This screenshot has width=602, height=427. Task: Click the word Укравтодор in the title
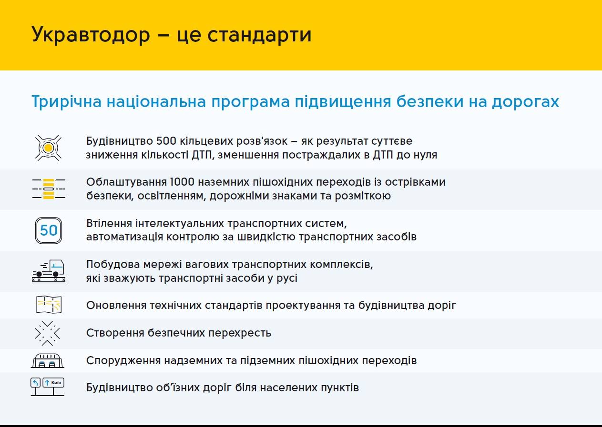(91, 35)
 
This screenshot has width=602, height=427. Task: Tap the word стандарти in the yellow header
(259, 35)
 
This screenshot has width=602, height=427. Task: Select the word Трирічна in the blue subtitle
(66, 102)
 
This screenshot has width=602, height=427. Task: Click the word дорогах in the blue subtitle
(525, 102)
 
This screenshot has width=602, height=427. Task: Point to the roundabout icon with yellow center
(48, 148)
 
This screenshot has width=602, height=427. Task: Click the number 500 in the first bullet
(166, 141)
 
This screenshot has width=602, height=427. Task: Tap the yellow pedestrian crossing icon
(49, 189)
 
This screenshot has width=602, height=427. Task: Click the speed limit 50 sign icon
(48, 230)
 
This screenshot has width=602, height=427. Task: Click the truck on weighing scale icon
(49, 270)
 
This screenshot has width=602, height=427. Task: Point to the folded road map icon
(49, 304)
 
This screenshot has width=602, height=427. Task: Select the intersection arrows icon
(47, 333)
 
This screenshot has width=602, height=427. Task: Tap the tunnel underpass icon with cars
(47, 360)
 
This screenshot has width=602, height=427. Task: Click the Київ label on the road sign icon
(56, 382)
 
